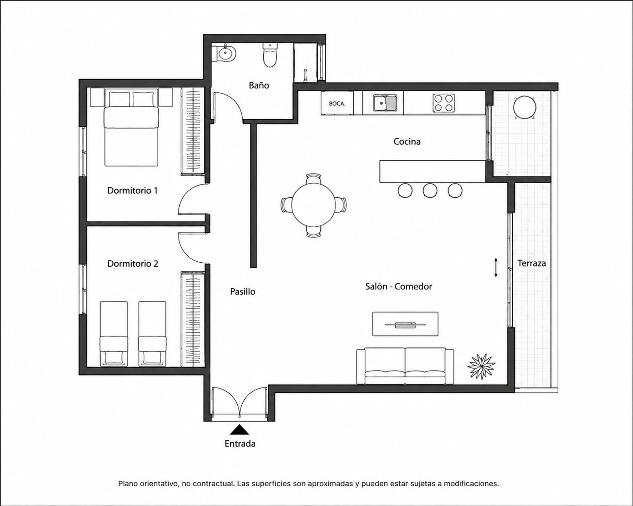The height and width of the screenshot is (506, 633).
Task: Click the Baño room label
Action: (259, 85)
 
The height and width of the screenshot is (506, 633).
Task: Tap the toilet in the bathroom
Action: (270, 55)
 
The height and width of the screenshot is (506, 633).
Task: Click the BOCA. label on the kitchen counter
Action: (337, 103)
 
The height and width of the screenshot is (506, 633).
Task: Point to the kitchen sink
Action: (385, 103)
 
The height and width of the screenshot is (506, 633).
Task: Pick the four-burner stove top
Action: (444, 103)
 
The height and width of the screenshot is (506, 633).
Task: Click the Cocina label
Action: (407, 141)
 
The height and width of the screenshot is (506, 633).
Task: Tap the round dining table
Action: (314, 205)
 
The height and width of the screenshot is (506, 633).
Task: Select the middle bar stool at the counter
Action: (430, 191)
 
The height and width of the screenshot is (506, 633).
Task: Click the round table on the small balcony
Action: (525, 108)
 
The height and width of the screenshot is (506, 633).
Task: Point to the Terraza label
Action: (532, 263)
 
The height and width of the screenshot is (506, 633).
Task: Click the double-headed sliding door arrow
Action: (496, 268)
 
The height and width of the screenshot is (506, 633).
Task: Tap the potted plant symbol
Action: (481, 366)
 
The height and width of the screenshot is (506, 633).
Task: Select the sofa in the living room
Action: (405, 366)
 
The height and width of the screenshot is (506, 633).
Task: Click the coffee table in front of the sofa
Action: (406, 324)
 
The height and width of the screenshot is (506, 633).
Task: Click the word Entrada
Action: (240, 444)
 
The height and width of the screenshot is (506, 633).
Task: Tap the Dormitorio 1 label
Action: (133, 191)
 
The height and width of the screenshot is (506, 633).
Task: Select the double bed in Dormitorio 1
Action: (132, 128)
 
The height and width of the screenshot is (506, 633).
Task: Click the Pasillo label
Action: (242, 292)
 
